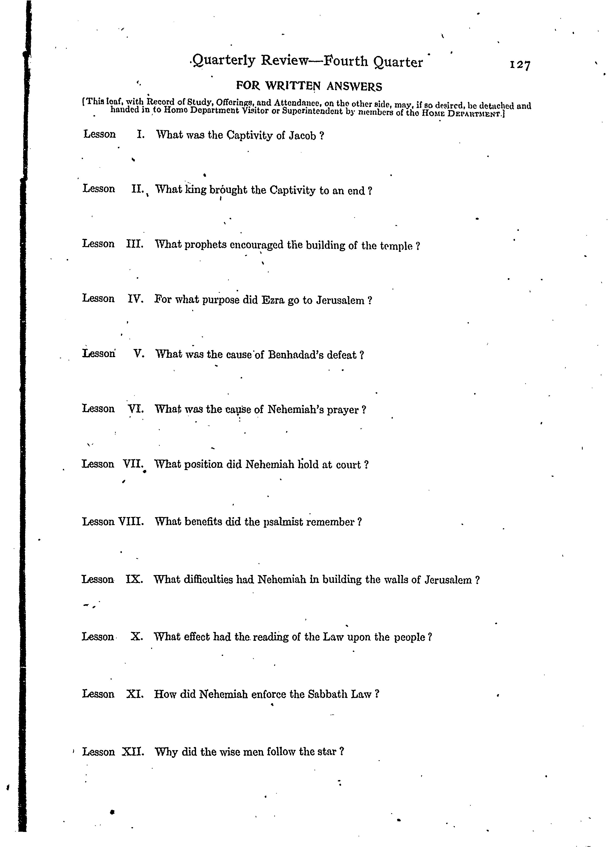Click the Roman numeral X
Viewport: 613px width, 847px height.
tap(137, 636)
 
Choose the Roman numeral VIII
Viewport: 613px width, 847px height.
tap(131, 521)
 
